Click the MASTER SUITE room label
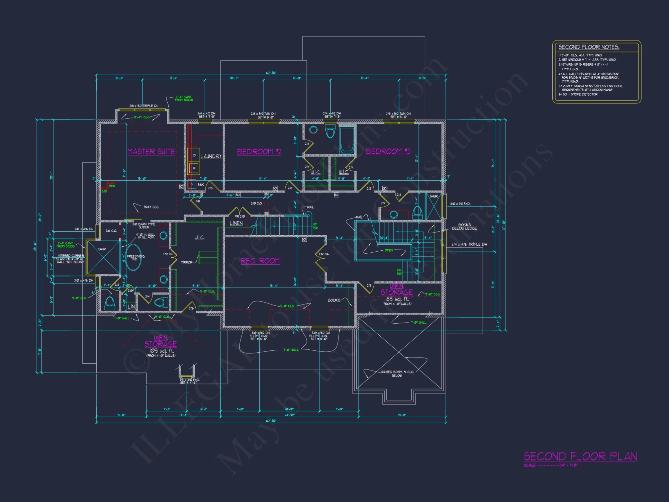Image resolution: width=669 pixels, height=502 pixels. [x=151, y=152]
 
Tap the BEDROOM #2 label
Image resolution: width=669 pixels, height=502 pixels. [x=259, y=152]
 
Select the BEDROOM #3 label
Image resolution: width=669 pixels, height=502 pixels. [x=388, y=151]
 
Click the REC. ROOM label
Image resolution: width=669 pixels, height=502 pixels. [x=260, y=261]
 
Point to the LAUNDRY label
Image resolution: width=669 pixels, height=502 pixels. [x=211, y=156]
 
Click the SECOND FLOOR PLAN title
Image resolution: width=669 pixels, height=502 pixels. [x=580, y=456]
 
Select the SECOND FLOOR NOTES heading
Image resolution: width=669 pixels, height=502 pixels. [x=589, y=47]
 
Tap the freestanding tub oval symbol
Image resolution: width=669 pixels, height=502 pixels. [x=133, y=257]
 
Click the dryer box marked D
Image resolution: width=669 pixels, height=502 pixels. [x=194, y=155]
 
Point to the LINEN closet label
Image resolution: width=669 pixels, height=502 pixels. [x=236, y=223]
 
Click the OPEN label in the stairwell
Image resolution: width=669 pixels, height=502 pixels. [x=388, y=250]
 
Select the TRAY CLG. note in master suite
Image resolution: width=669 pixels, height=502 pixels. [x=151, y=207]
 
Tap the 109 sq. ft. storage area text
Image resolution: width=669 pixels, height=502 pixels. [x=162, y=351]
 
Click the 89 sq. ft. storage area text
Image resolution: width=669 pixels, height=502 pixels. [x=397, y=299]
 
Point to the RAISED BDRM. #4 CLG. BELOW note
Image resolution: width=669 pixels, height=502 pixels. [x=397, y=373]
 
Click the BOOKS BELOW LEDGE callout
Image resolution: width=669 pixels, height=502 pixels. [x=464, y=227]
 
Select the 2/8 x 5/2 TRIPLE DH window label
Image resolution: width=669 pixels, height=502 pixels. [x=144, y=106]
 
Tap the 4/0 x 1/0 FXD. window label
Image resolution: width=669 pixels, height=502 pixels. [x=460, y=204]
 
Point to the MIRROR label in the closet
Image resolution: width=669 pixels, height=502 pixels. [x=186, y=262]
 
